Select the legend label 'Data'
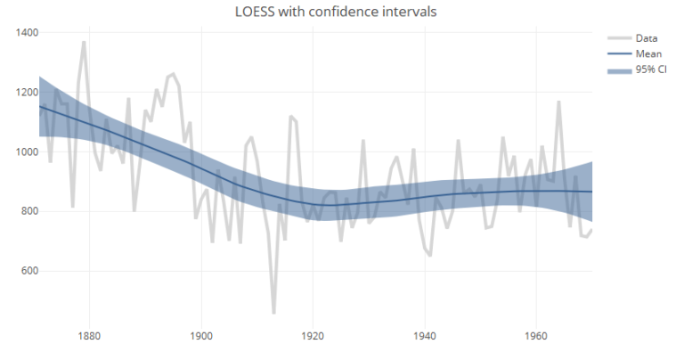(647, 37)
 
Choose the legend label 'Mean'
(648, 53)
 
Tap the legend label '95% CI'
(651, 70)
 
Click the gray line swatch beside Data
(619, 37)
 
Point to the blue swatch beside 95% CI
(619, 70)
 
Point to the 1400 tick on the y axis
(27, 33)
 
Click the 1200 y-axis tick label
(27, 93)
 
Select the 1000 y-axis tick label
(27, 152)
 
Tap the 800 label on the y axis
(29, 212)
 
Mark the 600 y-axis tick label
(29, 272)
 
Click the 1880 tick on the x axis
(88, 336)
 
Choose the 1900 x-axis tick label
(200, 336)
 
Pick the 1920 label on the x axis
(313, 336)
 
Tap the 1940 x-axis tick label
(424, 336)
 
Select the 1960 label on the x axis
(536, 336)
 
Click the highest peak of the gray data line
(84, 42)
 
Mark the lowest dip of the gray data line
(273, 313)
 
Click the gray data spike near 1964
(559, 102)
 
